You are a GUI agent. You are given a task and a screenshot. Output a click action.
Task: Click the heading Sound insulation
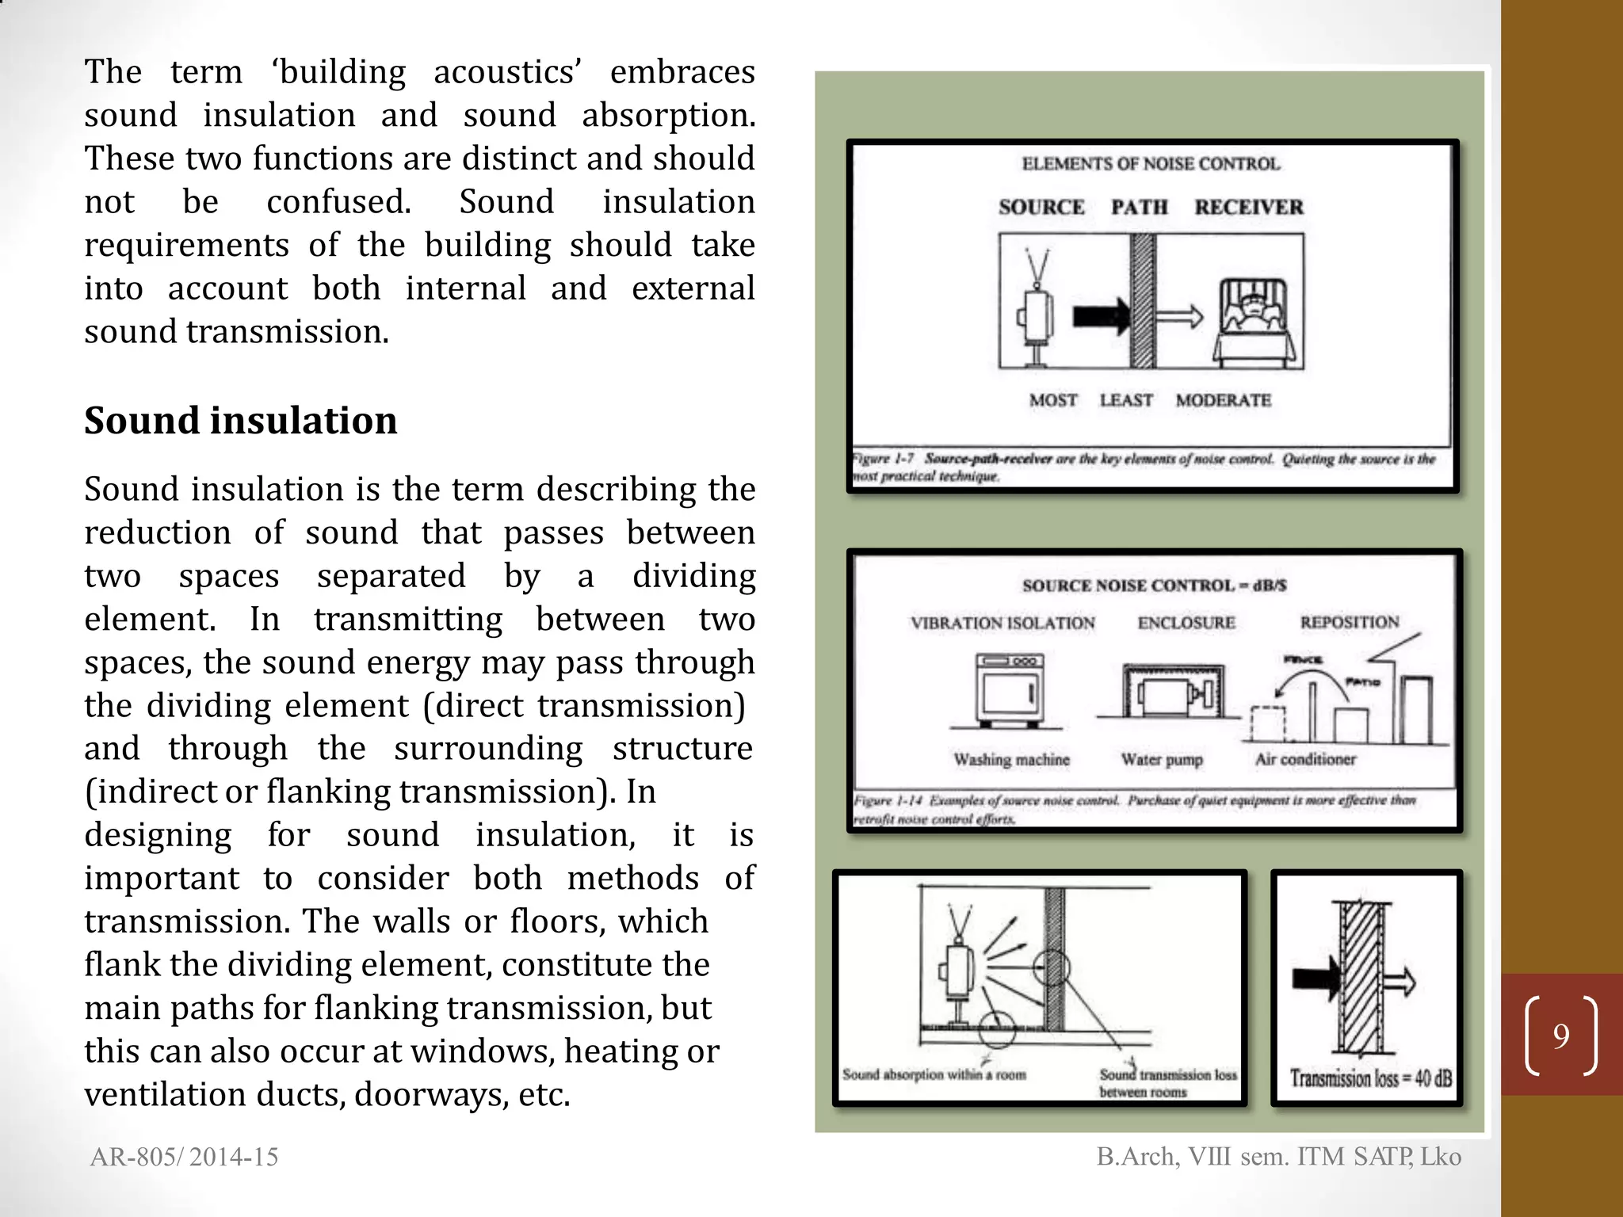pos(240,420)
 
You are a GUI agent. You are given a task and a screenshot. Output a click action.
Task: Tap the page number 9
pos(1560,1036)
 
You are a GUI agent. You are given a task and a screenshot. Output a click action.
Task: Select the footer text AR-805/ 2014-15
pos(184,1157)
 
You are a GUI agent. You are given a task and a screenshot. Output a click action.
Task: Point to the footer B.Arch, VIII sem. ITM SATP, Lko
pos(1278,1157)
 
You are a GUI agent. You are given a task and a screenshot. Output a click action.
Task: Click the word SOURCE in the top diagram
pos(1041,207)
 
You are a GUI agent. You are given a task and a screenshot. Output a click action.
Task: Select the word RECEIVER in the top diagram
pos(1248,207)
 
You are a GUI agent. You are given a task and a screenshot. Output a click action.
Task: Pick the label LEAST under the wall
pos(1125,400)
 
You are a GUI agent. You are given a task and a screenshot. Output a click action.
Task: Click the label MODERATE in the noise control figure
pos(1223,400)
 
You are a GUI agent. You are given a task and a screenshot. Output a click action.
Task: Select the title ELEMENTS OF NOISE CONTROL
pos(1150,164)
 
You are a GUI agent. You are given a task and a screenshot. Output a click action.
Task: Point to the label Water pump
pos(1162,760)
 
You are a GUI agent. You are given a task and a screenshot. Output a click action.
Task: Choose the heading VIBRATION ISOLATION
pos(1002,623)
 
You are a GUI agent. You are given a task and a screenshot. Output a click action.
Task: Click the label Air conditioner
pos(1305,759)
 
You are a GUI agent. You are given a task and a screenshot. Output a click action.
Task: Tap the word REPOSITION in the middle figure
pos(1349,622)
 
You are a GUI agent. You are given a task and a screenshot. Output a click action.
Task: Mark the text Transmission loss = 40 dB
pos(1370,1078)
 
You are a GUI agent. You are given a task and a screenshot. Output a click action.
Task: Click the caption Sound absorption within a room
pos(934,1074)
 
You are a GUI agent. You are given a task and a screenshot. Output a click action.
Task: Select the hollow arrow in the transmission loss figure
pos(1399,982)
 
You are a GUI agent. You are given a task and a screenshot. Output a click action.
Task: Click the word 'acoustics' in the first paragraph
pos(507,72)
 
